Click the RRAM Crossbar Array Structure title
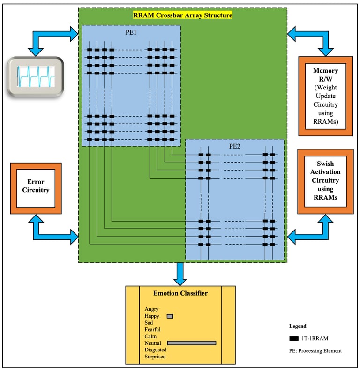(182, 15)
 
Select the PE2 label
(235, 145)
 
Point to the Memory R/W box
(325, 96)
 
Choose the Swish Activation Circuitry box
(325, 182)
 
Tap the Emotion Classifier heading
(180, 293)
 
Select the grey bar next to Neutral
(191, 343)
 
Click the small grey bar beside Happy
(170, 316)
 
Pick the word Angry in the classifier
(151, 309)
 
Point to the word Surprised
(155, 357)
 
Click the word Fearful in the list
(153, 330)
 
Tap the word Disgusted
(155, 350)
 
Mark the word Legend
(298, 326)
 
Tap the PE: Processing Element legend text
(315, 350)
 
